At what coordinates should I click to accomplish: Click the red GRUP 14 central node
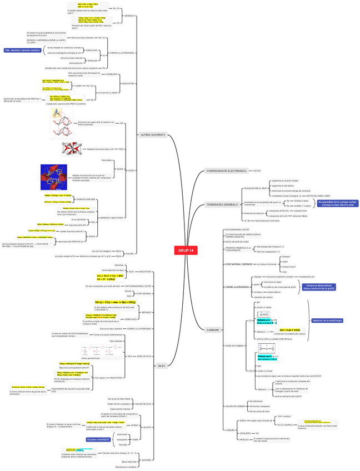coord(186,250)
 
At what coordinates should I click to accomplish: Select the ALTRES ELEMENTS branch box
coord(153,134)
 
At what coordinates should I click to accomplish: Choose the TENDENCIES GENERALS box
coord(222,204)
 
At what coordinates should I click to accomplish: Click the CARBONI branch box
coord(213,329)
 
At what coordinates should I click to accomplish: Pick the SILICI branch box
coord(161,365)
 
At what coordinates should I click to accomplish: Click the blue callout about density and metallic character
coord(23,50)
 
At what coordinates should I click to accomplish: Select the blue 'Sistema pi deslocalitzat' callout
coord(319,287)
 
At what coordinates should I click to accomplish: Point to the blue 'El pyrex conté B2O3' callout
coord(98,439)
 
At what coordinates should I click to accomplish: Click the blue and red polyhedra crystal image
coord(54,177)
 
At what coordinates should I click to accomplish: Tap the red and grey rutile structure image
coord(72,149)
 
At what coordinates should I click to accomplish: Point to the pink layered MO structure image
coord(61,123)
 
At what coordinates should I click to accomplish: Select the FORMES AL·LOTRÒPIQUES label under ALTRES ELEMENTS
coord(123,53)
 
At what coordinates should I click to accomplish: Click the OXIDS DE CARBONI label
coord(235,345)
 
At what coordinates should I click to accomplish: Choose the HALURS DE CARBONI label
coord(236,406)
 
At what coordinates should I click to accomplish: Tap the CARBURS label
coord(229,430)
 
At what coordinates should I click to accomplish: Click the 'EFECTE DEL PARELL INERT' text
coord(319,196)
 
